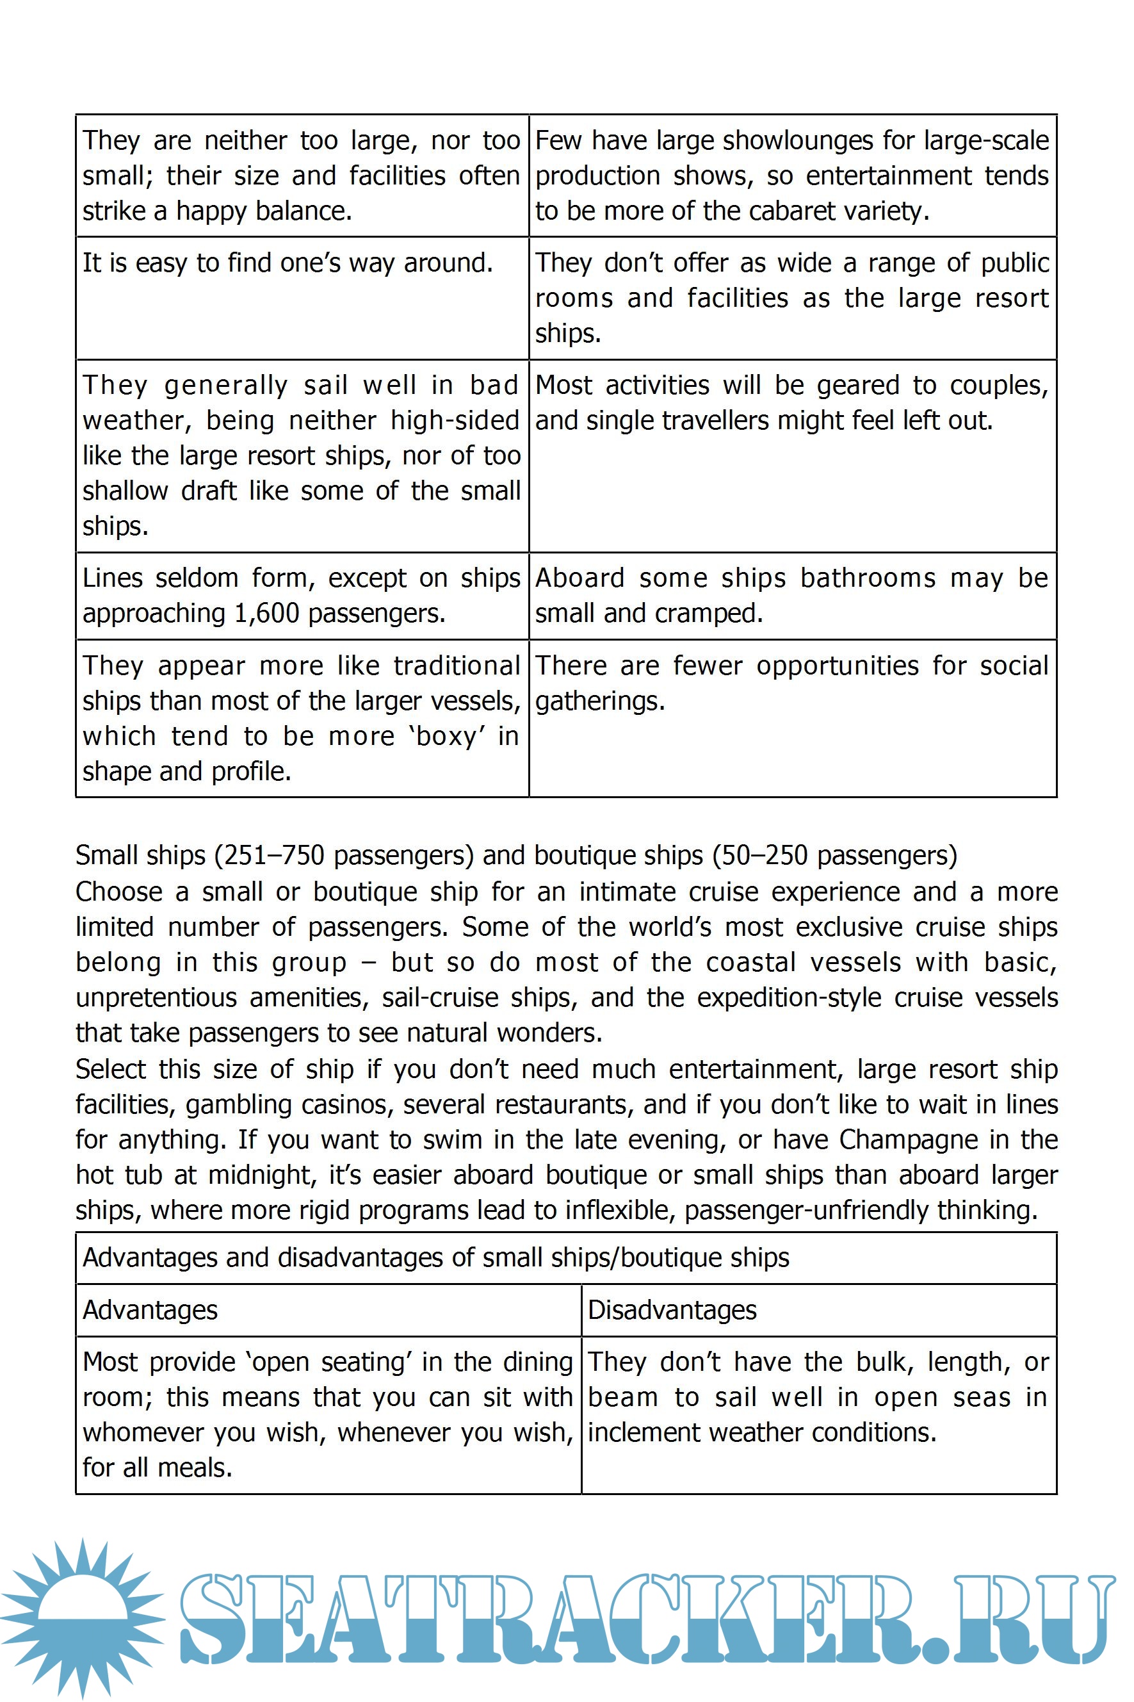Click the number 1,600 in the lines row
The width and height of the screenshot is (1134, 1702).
(267, 614)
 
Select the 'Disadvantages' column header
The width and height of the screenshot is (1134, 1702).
(672, 1310)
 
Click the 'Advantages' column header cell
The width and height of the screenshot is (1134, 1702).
(150, 1310)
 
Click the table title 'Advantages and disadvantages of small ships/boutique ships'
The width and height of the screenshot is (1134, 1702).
(435, 1258)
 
